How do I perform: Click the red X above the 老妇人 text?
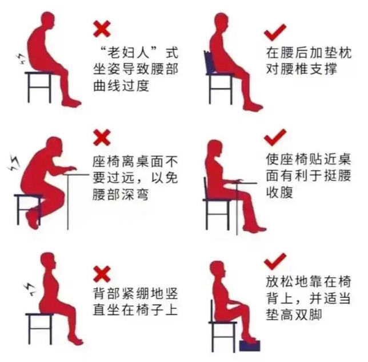click(102, 29)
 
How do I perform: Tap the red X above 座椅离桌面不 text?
click(102, 137)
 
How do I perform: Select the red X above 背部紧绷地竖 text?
click(102, 274)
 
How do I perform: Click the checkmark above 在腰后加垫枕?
click(275, 32)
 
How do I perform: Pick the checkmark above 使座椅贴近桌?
click(275, 137)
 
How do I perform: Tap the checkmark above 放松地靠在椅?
click(275, 261)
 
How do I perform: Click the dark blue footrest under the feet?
click(250, 345)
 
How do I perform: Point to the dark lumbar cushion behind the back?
click(210, 62)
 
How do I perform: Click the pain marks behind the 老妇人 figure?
click(21, 59)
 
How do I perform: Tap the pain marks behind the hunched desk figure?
click(14, 162)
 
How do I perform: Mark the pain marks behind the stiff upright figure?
click(29, 289)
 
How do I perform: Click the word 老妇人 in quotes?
click(129, 53)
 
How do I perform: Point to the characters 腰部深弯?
click(121, 195)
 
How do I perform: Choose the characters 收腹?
click(279, 192)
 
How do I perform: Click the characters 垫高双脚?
click(294, 314)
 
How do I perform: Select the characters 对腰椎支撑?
click(302, 69)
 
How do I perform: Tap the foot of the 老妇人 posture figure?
click(71, 103)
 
